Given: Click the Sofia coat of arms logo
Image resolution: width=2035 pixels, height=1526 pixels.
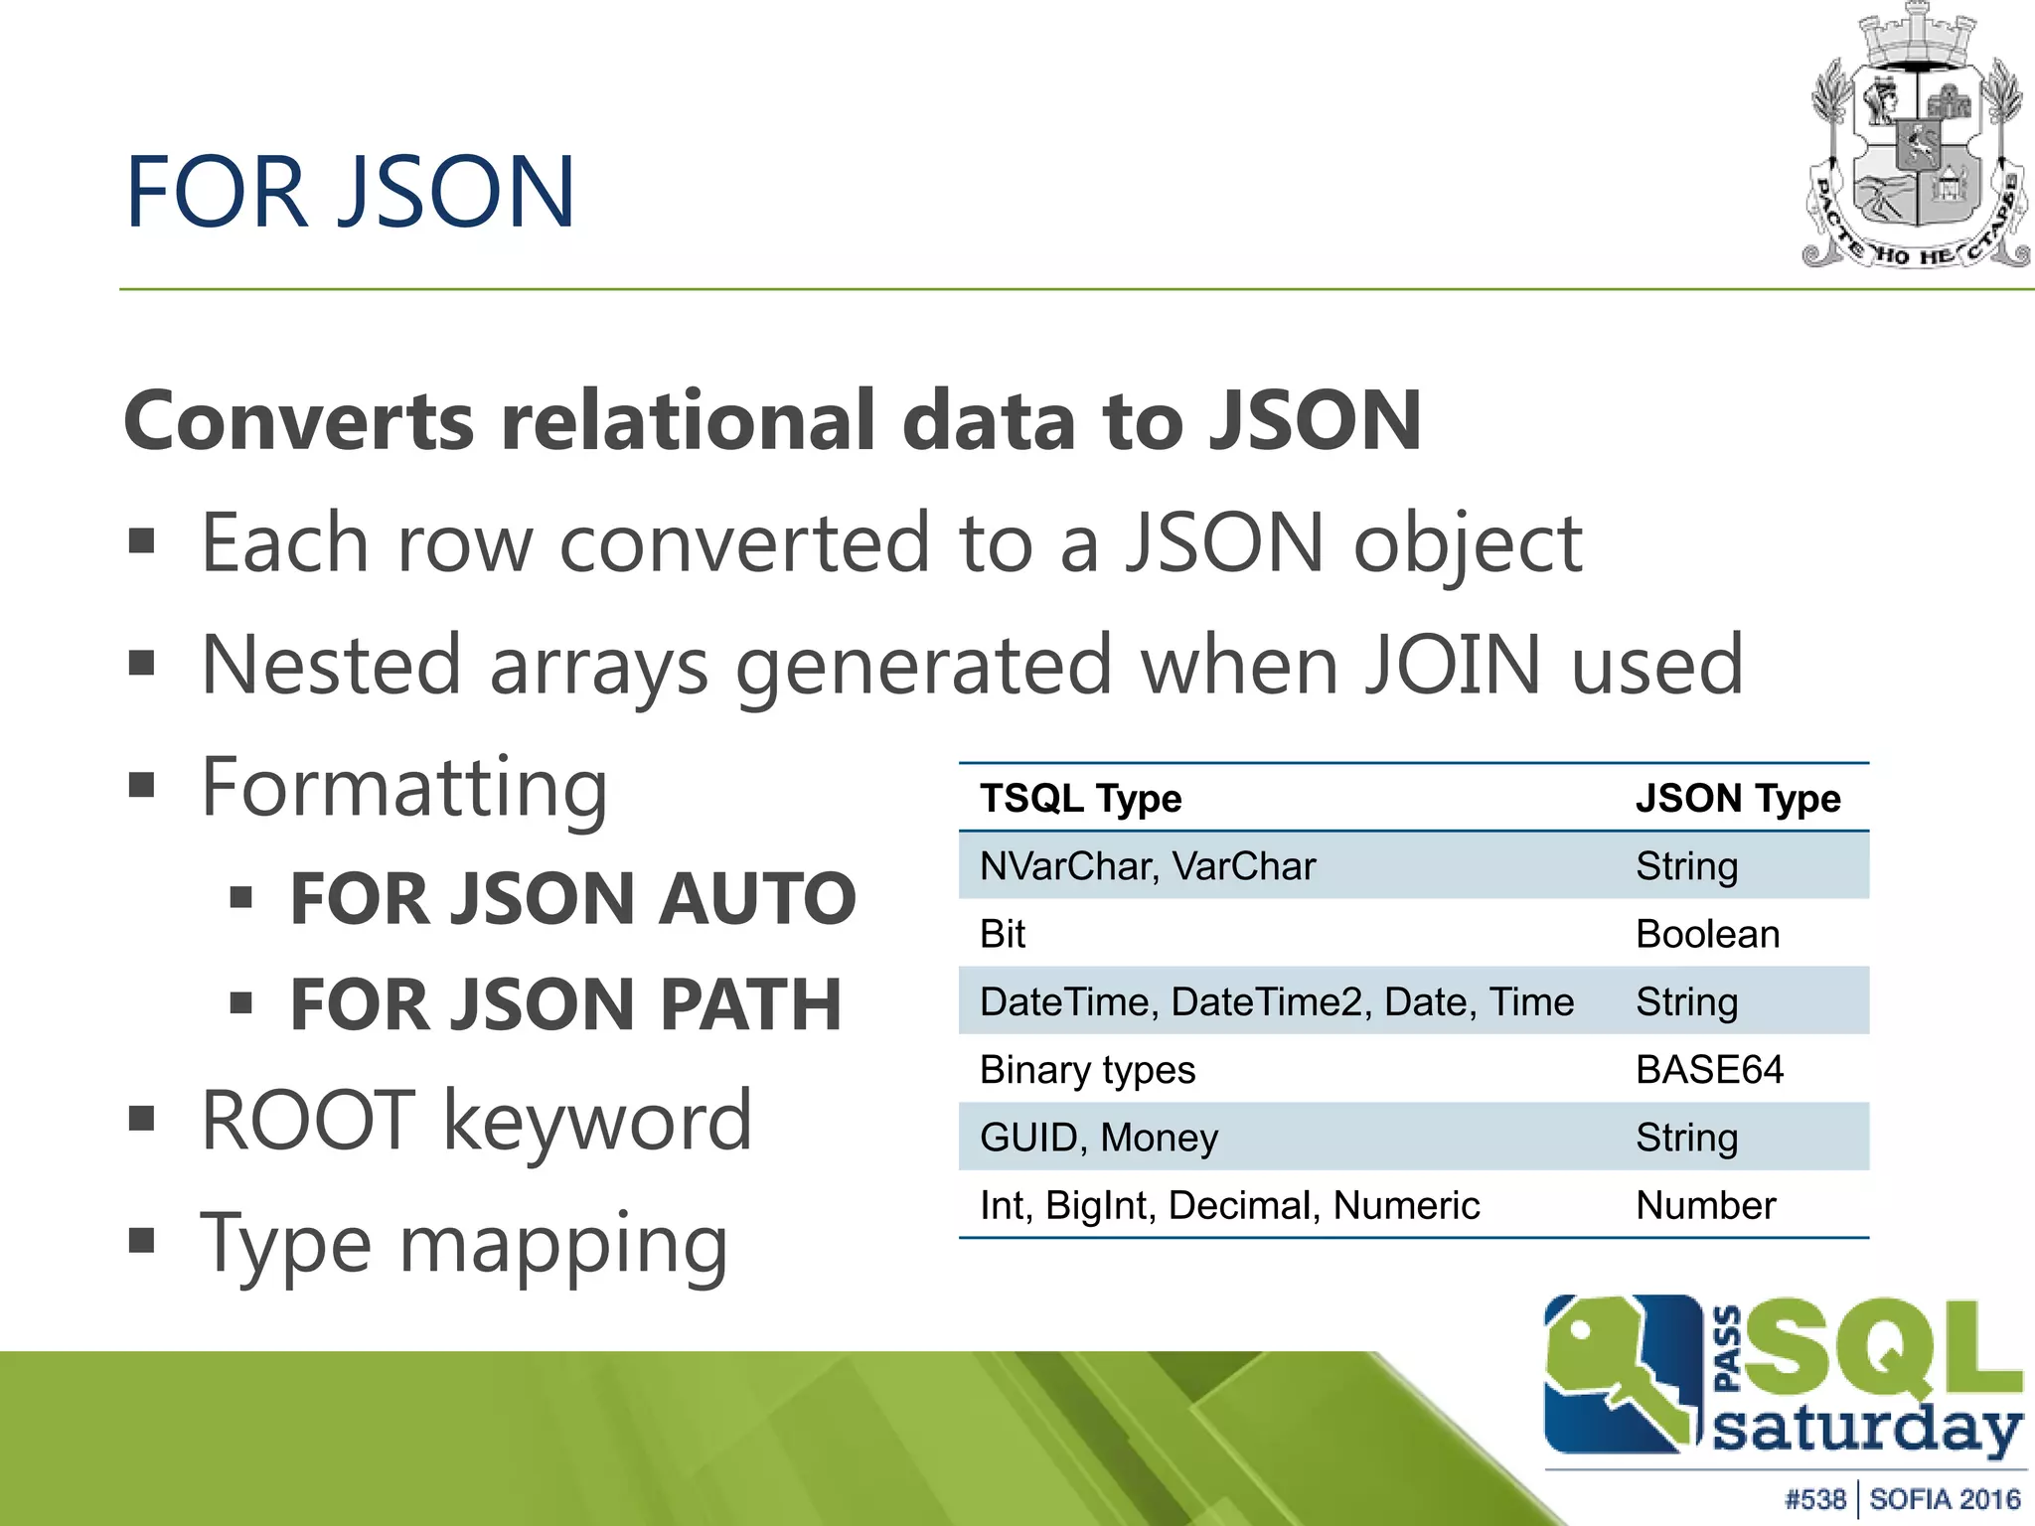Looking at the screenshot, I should (1917, 139).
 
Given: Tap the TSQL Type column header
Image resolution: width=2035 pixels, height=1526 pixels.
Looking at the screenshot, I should (1080, 799).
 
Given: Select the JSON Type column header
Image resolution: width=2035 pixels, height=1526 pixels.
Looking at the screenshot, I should (1737, 799).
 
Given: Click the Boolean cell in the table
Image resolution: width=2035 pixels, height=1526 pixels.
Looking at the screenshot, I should (1707, 934).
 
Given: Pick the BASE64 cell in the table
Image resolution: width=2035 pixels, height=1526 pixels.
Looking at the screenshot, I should (1709, 1070).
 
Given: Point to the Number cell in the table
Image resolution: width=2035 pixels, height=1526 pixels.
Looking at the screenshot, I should (1705, 1205).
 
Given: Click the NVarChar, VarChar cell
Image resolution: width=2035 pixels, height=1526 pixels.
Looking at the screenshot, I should (1147, 866).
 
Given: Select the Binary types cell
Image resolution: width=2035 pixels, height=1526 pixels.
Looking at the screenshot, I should (1087, 1070).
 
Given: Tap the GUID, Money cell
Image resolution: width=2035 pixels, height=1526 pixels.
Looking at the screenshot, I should (1098, 1138).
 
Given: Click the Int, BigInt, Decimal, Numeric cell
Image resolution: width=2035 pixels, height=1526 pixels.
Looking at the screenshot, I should (1229, 1205).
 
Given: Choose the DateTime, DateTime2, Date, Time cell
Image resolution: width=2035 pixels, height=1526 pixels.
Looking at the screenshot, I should (1276, 1001).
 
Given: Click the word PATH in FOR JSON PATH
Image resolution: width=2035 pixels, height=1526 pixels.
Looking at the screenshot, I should (750, 1004).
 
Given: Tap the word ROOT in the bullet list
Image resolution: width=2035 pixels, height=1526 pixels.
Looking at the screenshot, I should (308, 1121).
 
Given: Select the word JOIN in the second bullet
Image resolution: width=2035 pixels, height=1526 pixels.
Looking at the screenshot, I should (1453, 665).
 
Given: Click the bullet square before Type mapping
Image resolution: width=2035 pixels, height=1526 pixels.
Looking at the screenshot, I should (142, 1240).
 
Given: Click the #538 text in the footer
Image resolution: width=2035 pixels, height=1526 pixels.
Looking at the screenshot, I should (1814, 1499).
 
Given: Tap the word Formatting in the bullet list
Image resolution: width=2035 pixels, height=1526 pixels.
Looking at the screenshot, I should (403, 788).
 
